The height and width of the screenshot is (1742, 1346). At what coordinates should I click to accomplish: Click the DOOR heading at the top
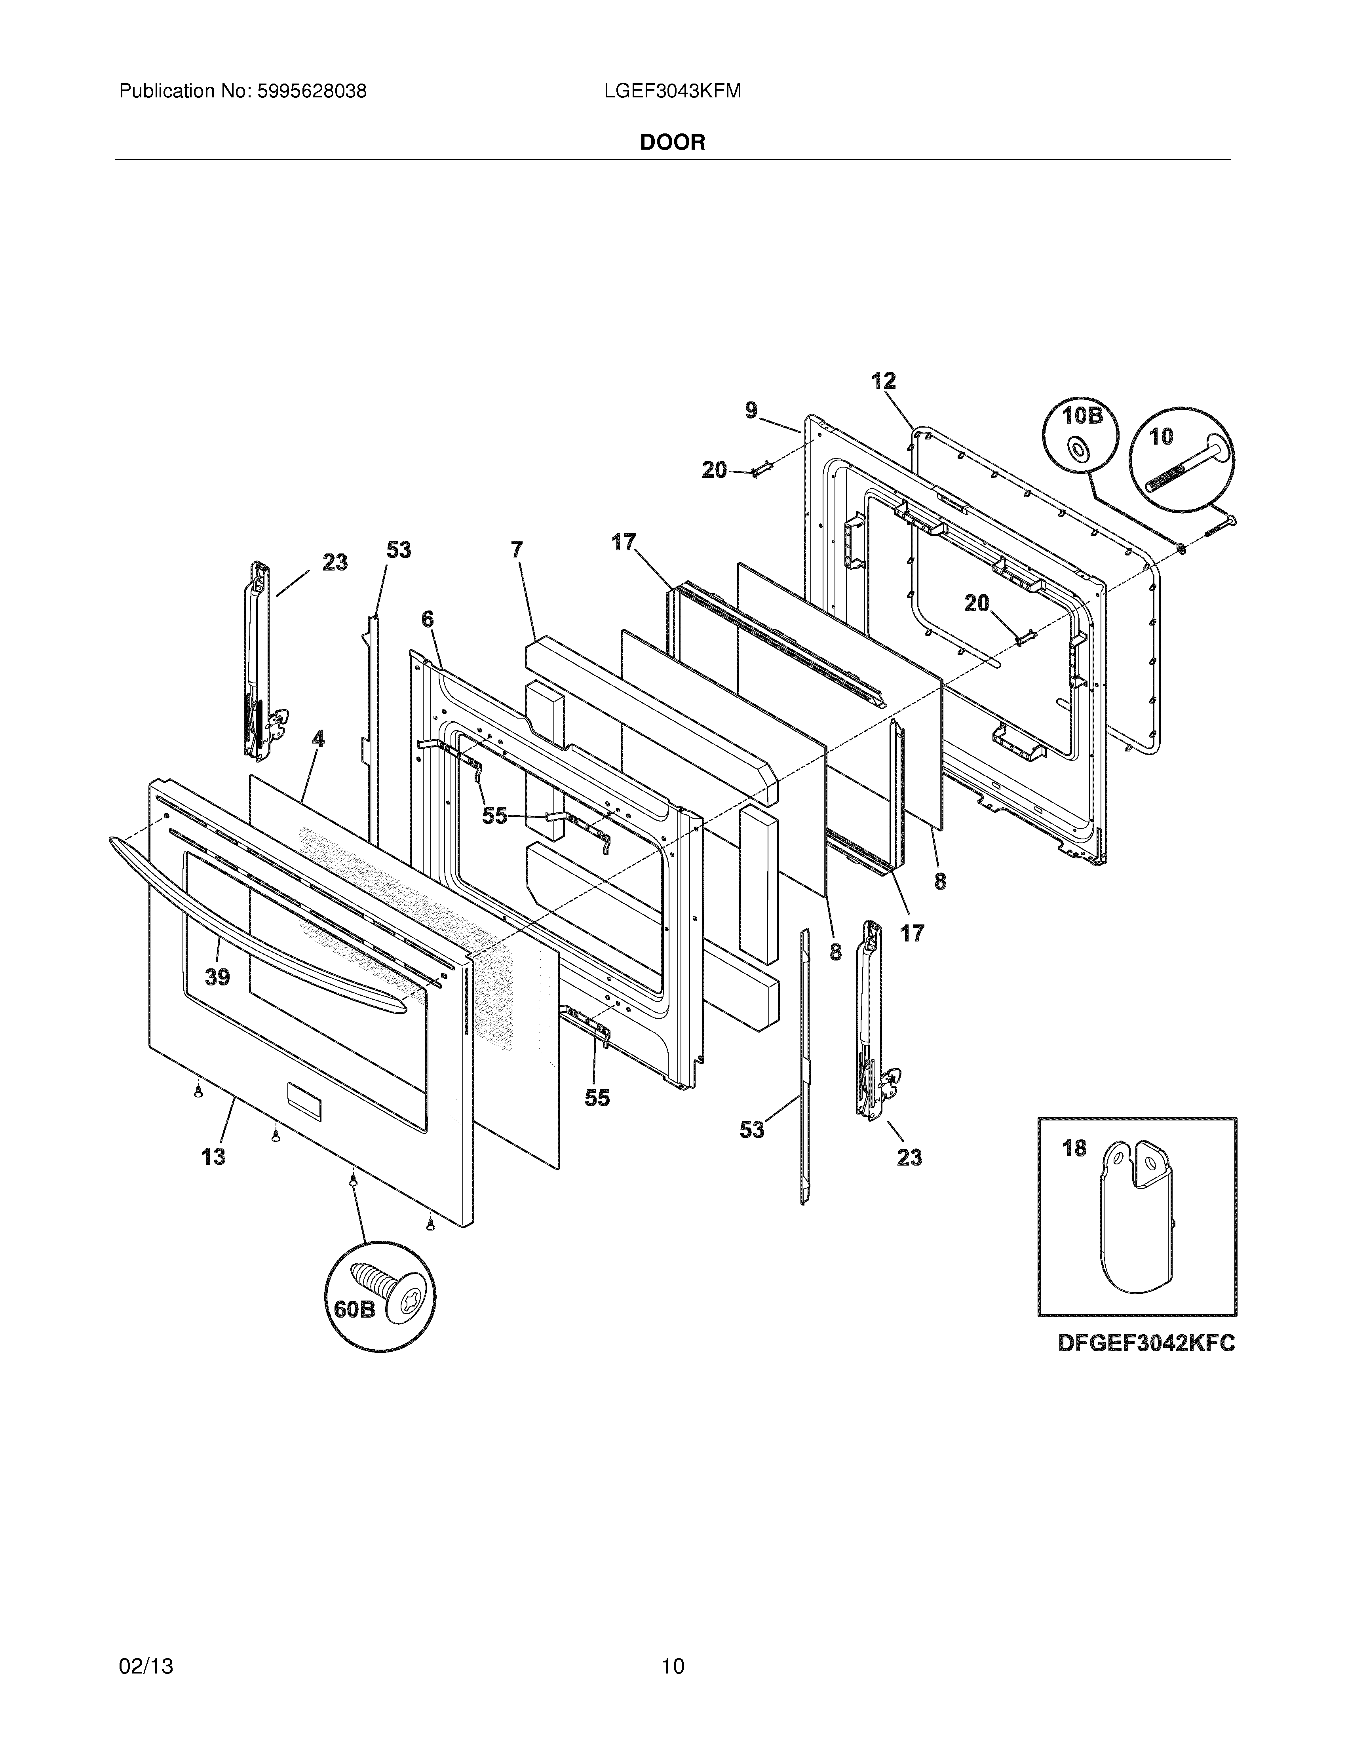tap(672, 143)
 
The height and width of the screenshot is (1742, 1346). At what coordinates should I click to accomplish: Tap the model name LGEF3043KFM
tap(672, 92)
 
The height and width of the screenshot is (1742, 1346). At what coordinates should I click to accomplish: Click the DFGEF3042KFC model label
tap(1146, 1344)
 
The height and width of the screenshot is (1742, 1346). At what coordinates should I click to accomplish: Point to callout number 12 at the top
tap(884, 381)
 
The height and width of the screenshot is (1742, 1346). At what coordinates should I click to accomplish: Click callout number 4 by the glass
tap(318, 739)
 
